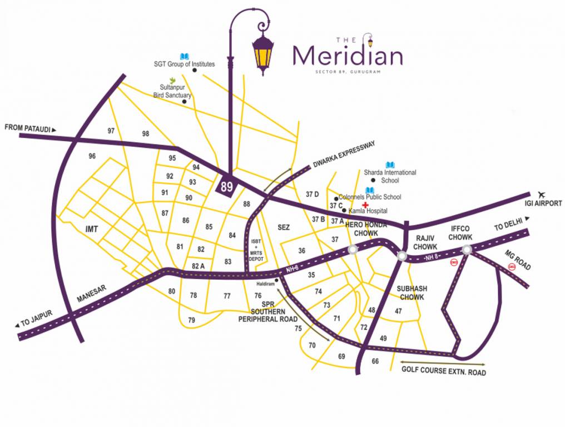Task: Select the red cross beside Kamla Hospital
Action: click(365, 205)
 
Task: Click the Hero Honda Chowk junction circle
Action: click(352, 250)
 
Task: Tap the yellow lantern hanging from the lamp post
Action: click(263, 54)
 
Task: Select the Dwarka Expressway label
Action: click(344, 153)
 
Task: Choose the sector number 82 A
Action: click(199, 266)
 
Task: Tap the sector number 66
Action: click(375, 361)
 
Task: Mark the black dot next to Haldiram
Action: click(277, 280)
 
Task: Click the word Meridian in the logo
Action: click(348, 56)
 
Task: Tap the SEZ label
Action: click(284, 227)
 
